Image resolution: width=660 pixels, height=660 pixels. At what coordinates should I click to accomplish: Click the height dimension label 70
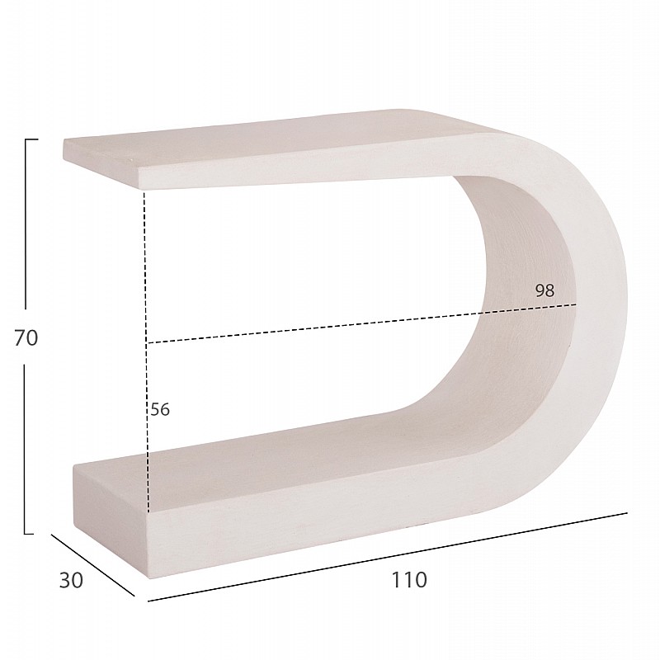(x=26, y=337)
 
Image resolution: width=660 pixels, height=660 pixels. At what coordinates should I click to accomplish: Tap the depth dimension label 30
(x=71, y=580)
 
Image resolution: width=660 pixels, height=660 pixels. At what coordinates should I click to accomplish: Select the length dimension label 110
(x=409, y=580)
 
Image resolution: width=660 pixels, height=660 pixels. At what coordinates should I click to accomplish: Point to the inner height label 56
(x=160, y=409)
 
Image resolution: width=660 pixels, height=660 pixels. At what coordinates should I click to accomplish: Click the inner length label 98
(x=544, y=290)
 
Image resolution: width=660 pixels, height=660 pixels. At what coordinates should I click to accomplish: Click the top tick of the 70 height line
(x=31, y=139)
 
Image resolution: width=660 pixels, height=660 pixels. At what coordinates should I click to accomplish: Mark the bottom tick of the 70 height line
(x=29, y=534)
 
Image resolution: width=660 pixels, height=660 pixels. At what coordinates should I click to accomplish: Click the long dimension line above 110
(x=388, y=557)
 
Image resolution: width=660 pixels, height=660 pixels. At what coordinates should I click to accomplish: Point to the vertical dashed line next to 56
(x=147, y=351)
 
